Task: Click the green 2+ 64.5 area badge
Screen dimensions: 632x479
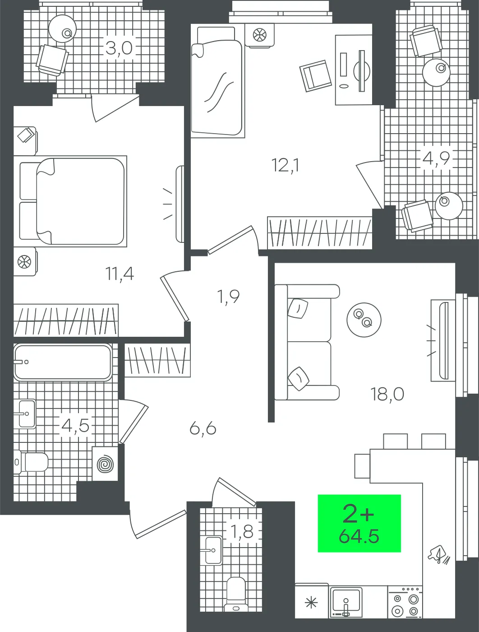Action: (x=359, y=523)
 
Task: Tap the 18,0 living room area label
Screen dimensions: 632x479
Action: (x=387, y=394)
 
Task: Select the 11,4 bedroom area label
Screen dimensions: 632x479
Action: (x=120, y=273)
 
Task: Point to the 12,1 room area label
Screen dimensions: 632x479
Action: (x=286, y=165)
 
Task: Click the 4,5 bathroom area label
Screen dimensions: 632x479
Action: (x=75, y=425)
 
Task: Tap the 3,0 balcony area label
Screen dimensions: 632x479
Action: (x=119, y=47)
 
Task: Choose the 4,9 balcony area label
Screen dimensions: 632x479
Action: (x=437, y=159)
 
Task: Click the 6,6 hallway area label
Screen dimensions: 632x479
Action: (x=203, y=428)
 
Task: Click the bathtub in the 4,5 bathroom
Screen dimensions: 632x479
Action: (x=62, y=362)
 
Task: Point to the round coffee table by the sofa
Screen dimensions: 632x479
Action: (x=364, y=319)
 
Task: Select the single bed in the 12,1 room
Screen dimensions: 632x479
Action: (x=216, y=88)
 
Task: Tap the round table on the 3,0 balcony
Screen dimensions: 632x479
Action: (x=63, y=28)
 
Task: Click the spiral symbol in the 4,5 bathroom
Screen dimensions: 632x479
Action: (x=105, y=465)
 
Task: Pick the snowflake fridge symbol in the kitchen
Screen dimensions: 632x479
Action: (x=311, y=602)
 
